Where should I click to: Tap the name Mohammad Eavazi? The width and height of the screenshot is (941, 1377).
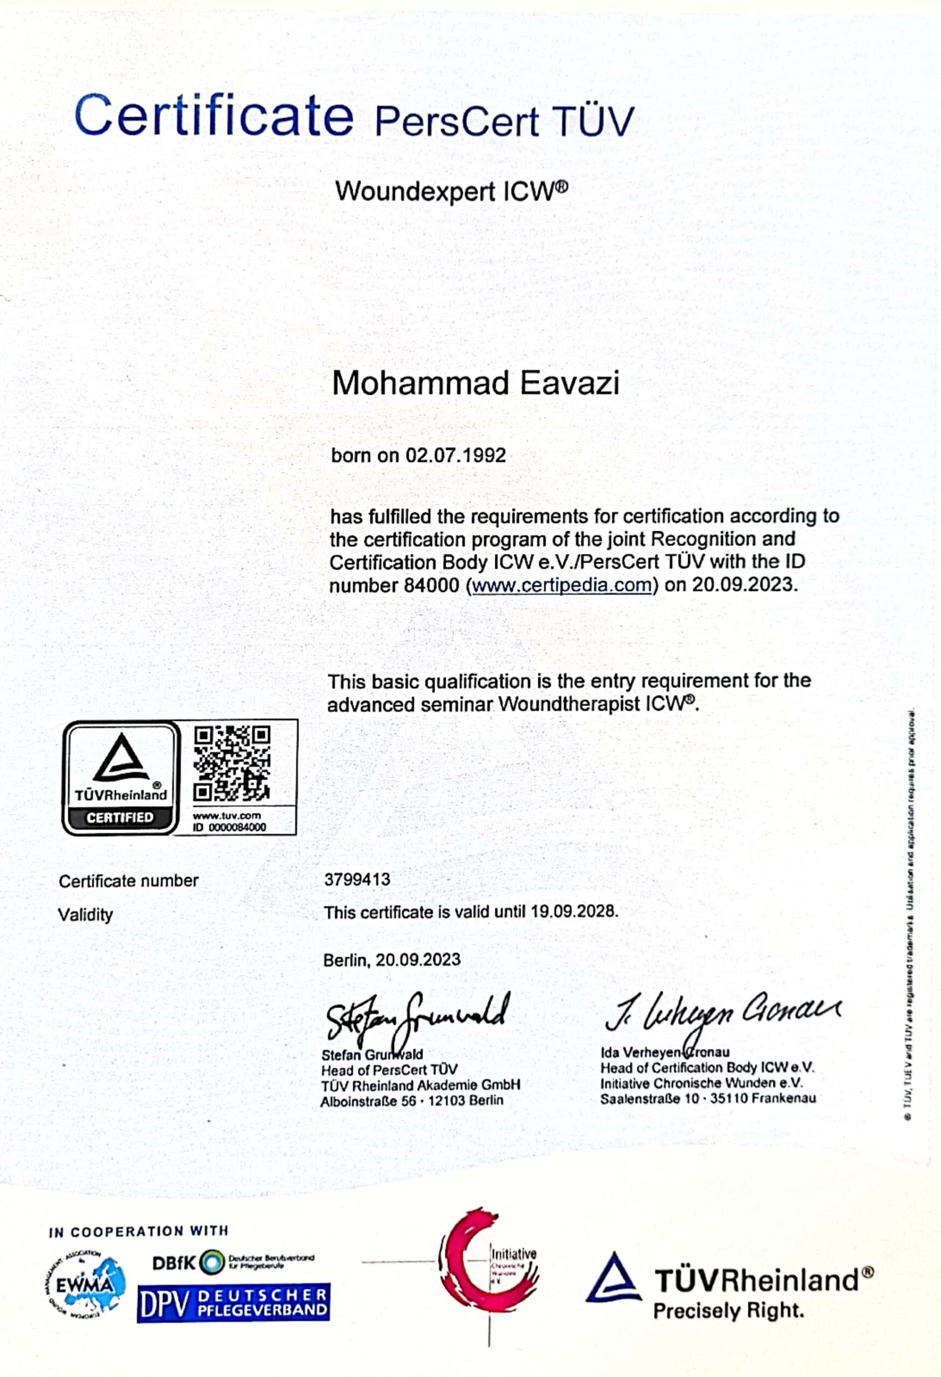click(x=475, y=383)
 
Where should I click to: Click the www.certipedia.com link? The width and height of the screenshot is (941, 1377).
click(x=562, y=585)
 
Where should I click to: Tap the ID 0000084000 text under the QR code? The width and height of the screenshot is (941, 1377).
click(x=229, y=827)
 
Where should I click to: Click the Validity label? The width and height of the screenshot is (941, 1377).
click(x=86, y=915)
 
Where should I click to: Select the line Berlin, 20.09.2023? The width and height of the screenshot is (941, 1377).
click(x=391, y=960)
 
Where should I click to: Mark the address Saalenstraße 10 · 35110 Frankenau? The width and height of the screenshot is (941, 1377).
click(x=708, y=1098)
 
